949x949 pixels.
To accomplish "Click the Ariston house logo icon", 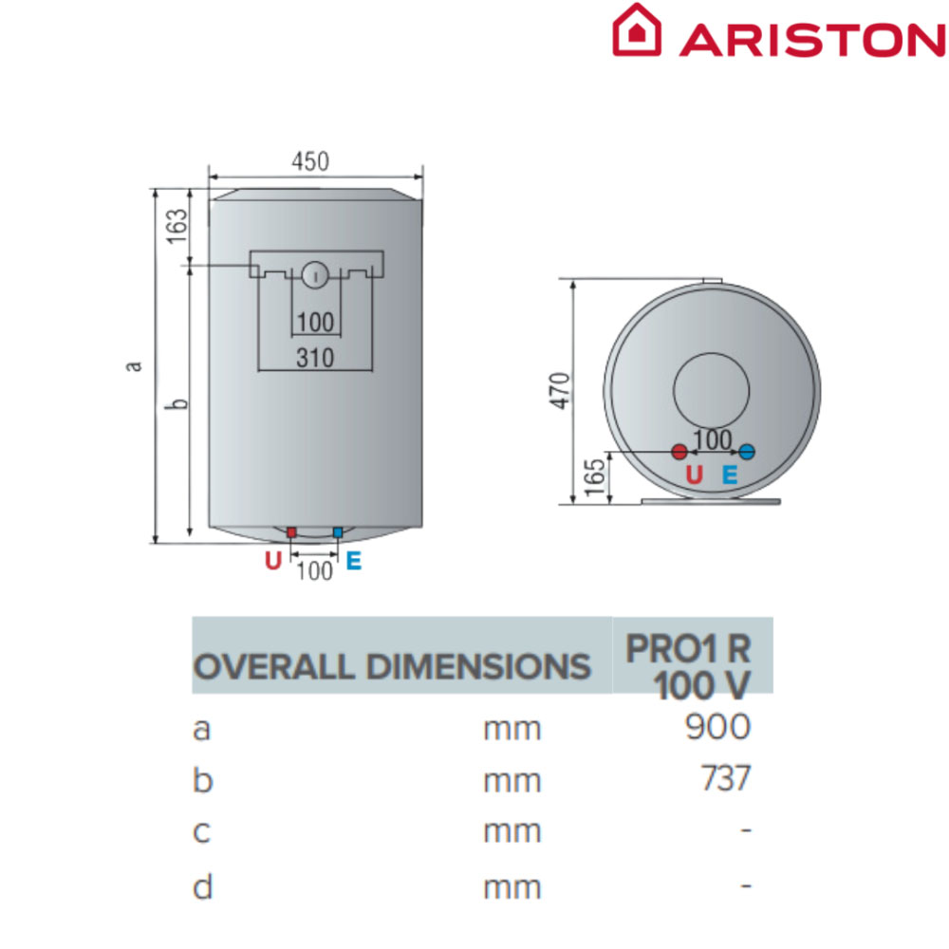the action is [636, 29].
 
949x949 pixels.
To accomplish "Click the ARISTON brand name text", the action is [813, 41].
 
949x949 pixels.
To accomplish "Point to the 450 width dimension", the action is [310, 161].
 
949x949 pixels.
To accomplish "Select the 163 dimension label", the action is [177, 227].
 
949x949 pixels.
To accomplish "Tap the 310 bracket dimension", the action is [315, 358].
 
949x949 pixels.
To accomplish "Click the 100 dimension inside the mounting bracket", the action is [315, 322].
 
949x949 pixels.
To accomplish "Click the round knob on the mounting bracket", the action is [315, 275].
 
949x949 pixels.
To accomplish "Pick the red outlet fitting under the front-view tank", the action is [291, 532].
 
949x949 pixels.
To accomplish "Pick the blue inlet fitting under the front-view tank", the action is [338, 532].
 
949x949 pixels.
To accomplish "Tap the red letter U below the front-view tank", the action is [273, 561].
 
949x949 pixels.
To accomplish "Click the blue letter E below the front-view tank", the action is [354, 561].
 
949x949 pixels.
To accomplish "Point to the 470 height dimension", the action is [561, 391].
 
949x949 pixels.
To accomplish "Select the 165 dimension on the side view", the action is [595, 477].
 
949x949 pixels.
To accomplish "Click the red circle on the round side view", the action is [679, 452].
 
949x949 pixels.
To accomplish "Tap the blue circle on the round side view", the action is [747, 452].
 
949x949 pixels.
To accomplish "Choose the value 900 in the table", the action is [717, 726].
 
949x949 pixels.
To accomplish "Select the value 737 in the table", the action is [726, 778].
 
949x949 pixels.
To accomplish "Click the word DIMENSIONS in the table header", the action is [477, 667].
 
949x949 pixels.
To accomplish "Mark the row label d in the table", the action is [203, 886].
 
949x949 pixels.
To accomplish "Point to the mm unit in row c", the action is [512, 832].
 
